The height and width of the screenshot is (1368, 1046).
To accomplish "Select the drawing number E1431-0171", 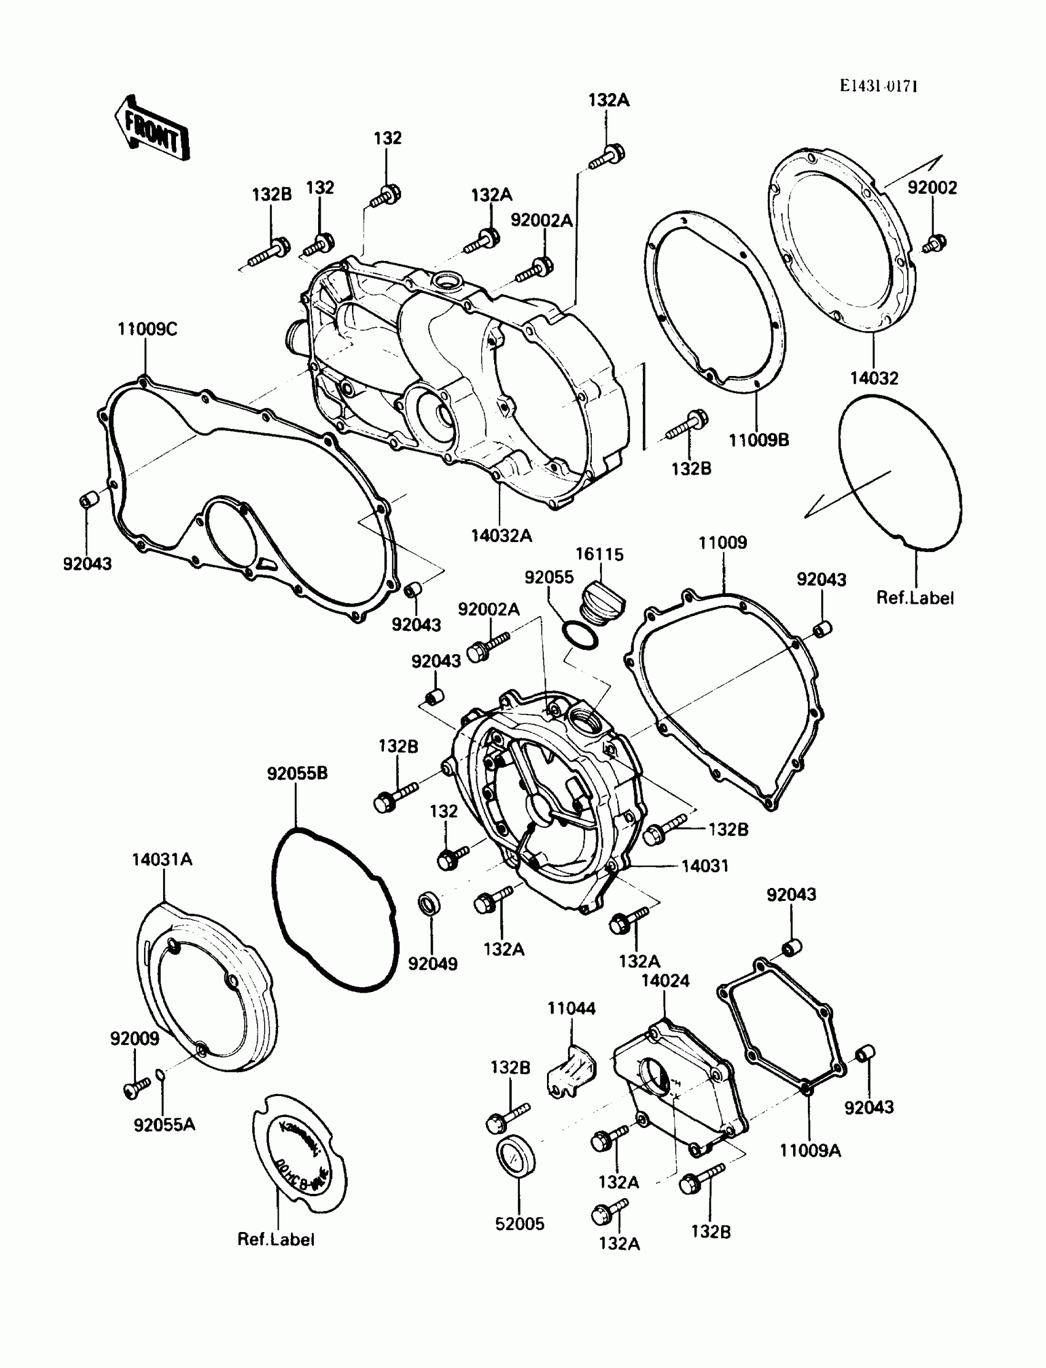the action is coord(878,86).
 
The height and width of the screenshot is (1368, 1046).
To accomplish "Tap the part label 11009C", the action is coord(148,329).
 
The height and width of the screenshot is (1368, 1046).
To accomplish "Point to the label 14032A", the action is coord(501,535).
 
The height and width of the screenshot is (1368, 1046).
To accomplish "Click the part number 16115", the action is coord(599,554).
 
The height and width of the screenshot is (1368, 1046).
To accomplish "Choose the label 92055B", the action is coord(297,773).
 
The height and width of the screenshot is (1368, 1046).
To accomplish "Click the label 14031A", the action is coord(162,860).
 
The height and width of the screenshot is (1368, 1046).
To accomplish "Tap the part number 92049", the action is coord(433,963).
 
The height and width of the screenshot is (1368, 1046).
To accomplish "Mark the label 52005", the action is coord(519,1223).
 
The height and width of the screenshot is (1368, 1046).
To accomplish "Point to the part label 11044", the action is coord(571,1008).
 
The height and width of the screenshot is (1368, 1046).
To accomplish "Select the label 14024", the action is coord(665,981).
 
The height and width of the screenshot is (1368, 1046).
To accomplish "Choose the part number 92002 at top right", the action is coord(932,188).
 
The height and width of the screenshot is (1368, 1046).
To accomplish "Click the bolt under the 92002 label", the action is coord(934,243).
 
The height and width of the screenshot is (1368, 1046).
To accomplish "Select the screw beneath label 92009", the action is coord(136,1087).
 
